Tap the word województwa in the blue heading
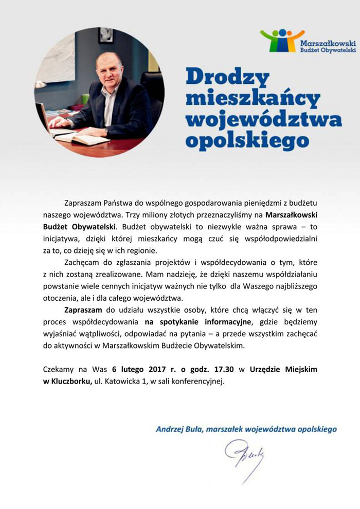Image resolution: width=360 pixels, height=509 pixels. [x=263, y=119]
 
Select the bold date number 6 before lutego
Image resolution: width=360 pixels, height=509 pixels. [x=114, y=369]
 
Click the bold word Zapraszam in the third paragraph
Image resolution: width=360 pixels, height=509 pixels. [x=83, y=311]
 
